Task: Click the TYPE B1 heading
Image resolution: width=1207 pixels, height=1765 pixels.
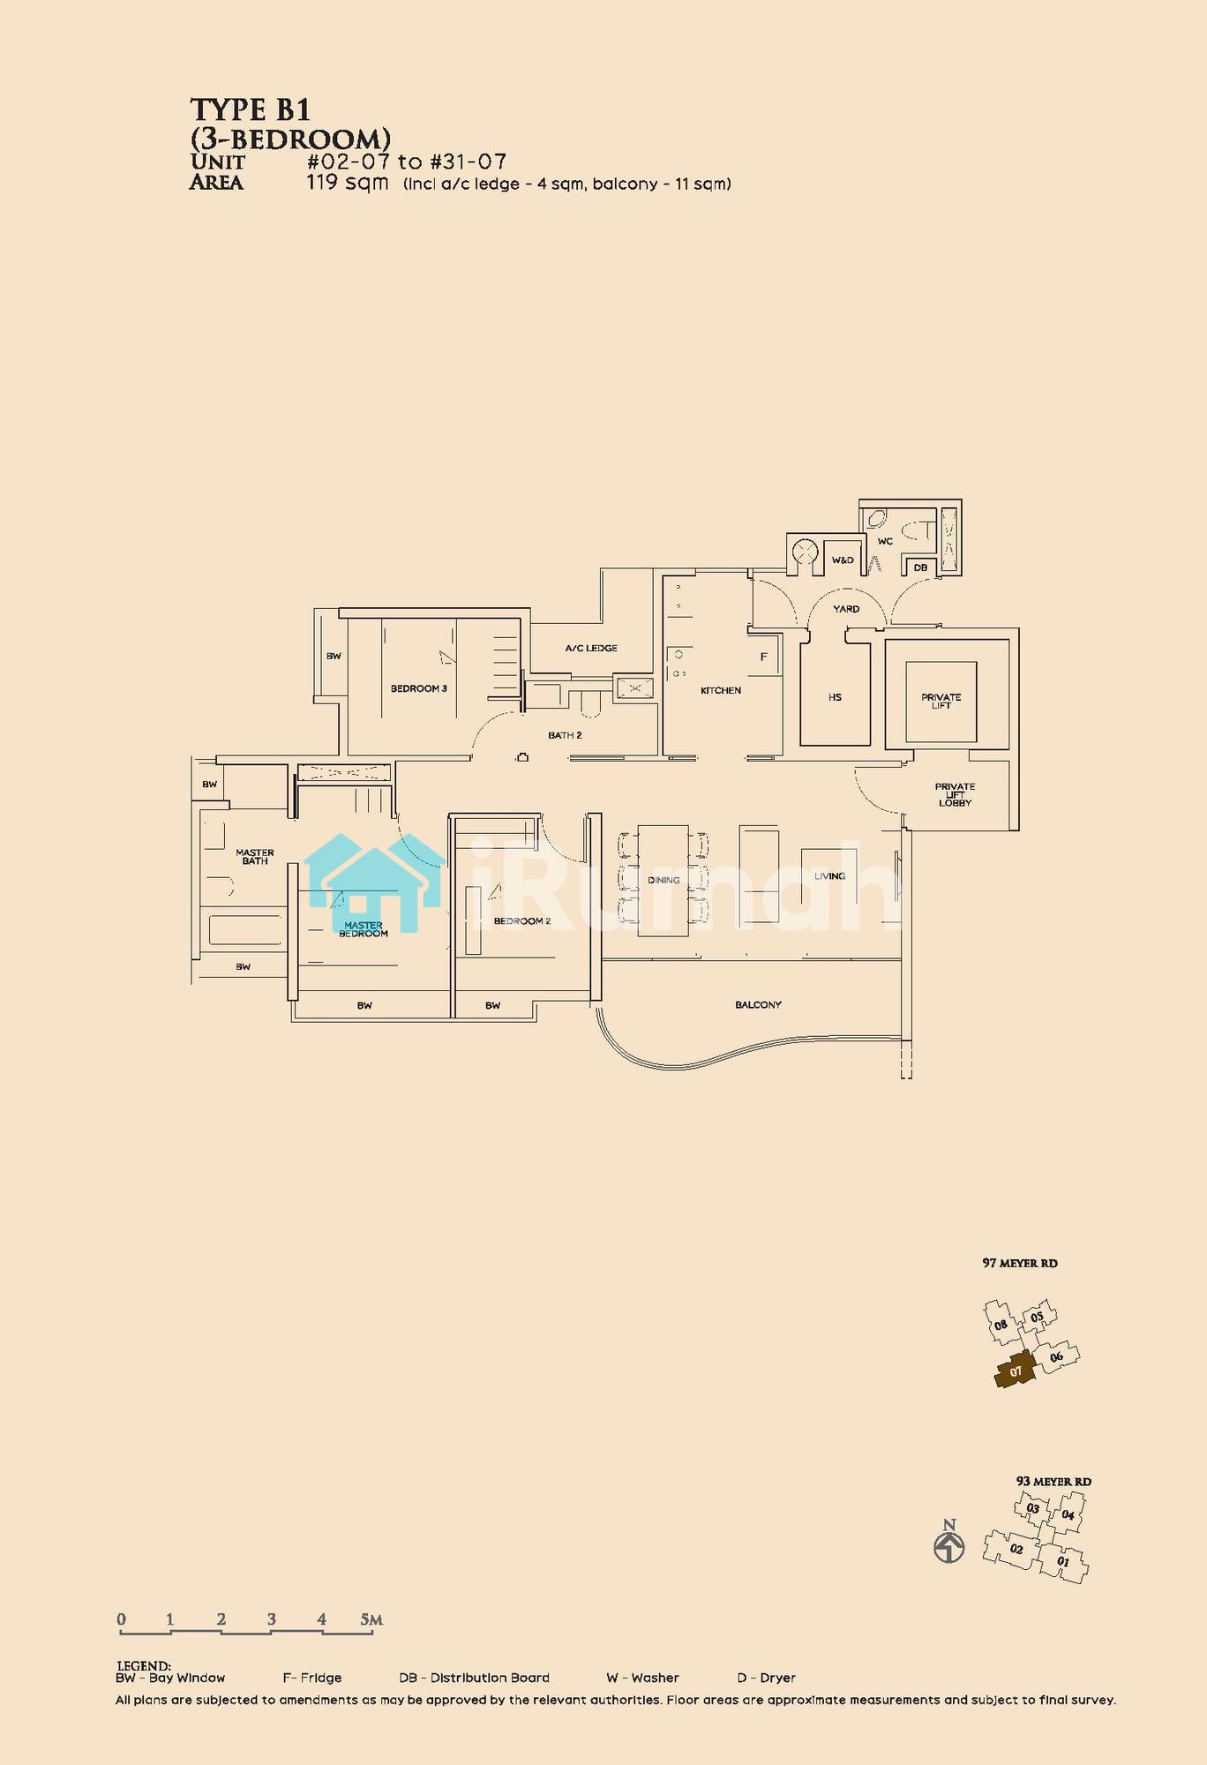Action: click(251, 110)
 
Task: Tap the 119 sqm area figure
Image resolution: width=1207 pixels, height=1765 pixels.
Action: click(348, 183)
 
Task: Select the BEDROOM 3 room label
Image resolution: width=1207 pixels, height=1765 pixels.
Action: click(419, 688)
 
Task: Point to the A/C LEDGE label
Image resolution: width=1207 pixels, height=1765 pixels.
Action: click(591, 648)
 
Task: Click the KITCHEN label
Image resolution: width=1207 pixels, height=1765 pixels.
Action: click(721, 690)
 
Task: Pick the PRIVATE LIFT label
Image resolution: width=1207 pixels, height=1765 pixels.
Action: click(941, 702)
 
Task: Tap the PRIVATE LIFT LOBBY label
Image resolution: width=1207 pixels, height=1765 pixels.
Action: click(955, 794)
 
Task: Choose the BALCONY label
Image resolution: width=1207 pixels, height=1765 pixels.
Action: click(758, 1004)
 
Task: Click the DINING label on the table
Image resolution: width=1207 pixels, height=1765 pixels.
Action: click(663, 880)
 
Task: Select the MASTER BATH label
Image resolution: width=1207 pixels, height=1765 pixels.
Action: click(255, 857)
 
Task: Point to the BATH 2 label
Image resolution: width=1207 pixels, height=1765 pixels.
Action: click(565, 735)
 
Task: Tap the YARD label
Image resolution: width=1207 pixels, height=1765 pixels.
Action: click(846, 609)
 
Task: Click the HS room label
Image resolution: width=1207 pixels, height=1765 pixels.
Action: click(835, 697)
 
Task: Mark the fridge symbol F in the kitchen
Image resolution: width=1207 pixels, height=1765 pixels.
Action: click(764, 657)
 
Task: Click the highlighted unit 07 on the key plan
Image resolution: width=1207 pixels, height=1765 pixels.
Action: click(1016, 1371)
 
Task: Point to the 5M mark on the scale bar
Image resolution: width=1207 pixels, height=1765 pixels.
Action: click(371, 1619)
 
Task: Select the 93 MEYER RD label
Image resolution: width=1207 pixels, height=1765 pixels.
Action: click(1053, 1482)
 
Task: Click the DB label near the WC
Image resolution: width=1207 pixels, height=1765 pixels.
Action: click(920, 567)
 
